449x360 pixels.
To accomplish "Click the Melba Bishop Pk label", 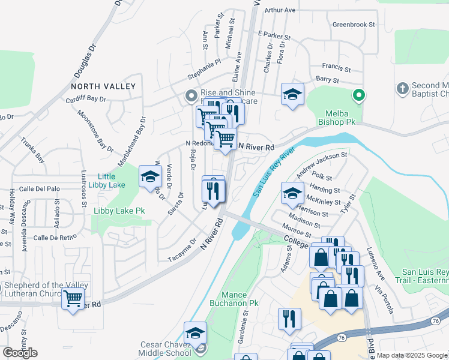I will [x=340, y=118].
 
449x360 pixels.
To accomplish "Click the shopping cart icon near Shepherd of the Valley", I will [x=73, y=296].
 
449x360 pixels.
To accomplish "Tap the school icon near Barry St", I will [x=293, y=94].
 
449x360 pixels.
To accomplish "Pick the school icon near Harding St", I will [x=292, y=193].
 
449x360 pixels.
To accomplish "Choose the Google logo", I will [x=20, y=353].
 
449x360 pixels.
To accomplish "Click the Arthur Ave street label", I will [x=280, y=10].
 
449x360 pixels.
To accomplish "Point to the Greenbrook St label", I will [x=354, y=25].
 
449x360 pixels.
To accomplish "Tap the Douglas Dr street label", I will [x=85, y=62].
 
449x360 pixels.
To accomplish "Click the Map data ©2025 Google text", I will [x=412, y=355].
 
